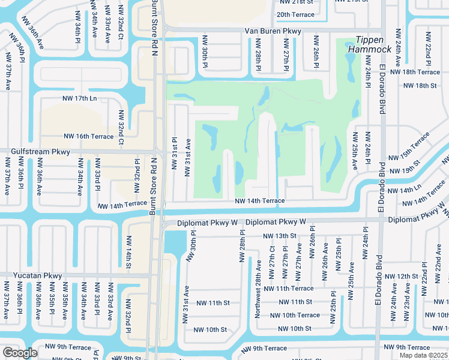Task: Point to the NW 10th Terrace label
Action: tap(295, 315)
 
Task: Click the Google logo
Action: tap(20, 353)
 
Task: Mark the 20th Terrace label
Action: tap(295, 14)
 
